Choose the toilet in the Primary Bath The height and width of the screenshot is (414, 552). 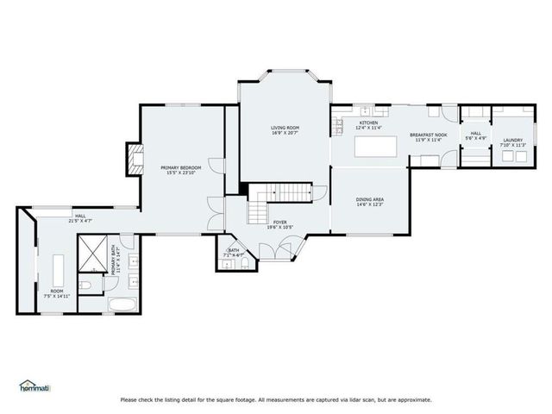point(87,285)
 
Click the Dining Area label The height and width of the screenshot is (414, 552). point(370,199)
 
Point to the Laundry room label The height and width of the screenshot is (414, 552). point(512,140)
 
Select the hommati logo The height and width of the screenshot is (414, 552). point(34,386)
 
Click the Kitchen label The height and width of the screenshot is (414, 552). point(368,123)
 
